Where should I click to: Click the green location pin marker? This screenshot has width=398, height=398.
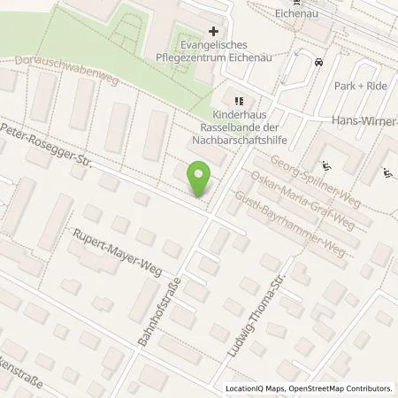[199, 180]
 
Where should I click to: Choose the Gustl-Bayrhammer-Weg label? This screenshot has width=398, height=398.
[288, 223]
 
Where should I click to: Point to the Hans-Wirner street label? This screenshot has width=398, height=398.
[362, 120]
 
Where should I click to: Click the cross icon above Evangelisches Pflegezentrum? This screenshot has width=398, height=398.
[213, 31]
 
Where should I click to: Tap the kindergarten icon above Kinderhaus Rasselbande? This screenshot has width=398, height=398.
[239, 100]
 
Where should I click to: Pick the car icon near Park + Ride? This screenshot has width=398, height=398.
[318, 64]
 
